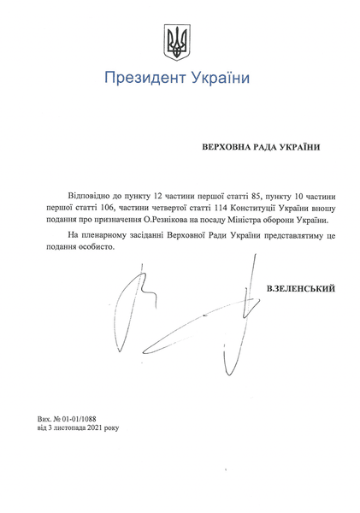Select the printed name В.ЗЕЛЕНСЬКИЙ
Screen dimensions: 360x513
(301, 289)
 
